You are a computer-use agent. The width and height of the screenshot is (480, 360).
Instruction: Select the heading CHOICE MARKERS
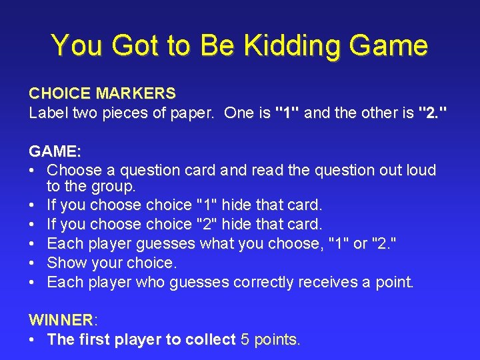[x=102, y=93]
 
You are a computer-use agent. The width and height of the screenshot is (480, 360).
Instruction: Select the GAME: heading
[x=55, y=151]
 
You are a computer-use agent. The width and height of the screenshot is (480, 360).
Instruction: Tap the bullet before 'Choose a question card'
[x=33, y=170]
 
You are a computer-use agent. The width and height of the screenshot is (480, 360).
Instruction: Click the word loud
[x=418, y=170]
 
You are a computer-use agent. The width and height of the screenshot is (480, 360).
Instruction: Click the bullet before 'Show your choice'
[x=33, y=263]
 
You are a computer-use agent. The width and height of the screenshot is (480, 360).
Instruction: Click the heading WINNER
[x=61, y=321]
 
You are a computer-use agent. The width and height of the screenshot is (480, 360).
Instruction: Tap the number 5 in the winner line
[x=245, y=339]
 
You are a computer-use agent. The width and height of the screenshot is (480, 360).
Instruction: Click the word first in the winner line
[x=94, y=339]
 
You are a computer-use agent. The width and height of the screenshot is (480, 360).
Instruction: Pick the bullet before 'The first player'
[x=33, y=339]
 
